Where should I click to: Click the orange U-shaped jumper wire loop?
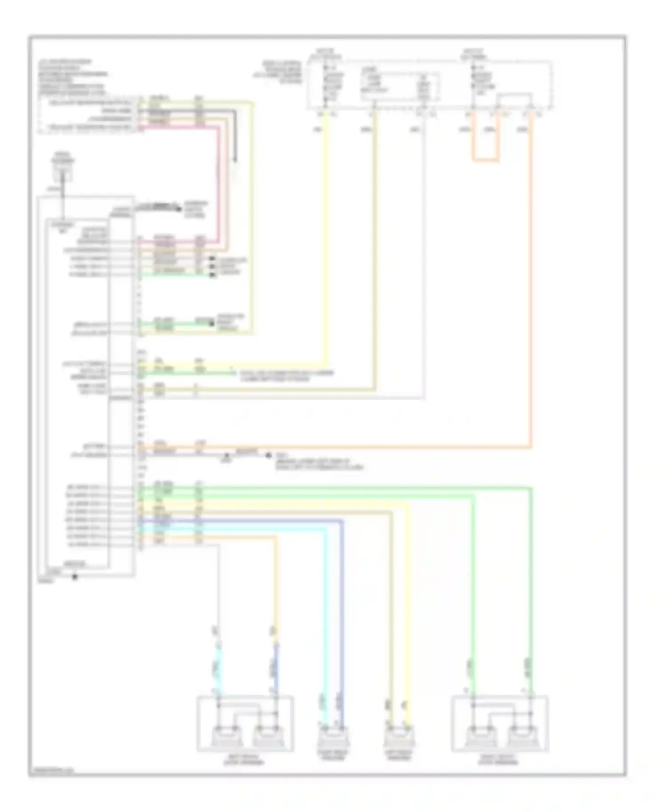coord(485,159)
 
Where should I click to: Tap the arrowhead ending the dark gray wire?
coord(235,161)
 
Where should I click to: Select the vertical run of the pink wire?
coord(218,187)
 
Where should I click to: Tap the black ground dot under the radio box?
coord(75,577)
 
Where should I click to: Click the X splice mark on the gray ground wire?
coord(226,455)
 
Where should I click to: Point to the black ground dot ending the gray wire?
coord(268,455)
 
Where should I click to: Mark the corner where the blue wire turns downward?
coord(342,521)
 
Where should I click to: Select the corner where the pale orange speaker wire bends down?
coord(276,537)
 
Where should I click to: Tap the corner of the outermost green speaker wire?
coord(530,488)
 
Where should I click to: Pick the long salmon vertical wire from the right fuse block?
coord(530,289)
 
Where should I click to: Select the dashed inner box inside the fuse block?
coord(400,87)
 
